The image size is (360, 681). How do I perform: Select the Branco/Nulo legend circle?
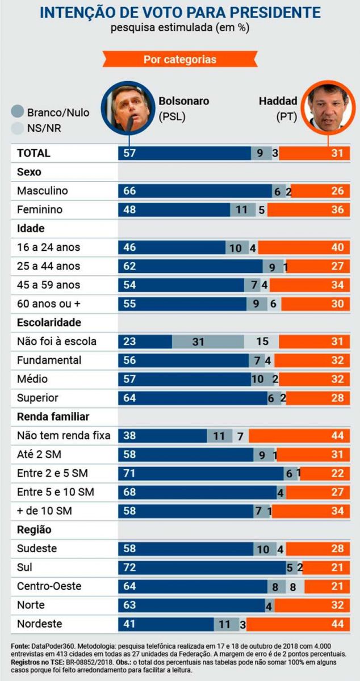(18, 112)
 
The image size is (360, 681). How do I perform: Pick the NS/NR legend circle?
(18, 128)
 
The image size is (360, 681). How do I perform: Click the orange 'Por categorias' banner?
(179, 59)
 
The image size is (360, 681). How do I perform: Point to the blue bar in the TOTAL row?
(185, 153)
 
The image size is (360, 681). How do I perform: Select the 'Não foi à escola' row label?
(57, 342)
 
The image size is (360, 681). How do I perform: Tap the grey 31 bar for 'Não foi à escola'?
(208, 342)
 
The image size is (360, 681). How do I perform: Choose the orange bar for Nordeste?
(298, 624)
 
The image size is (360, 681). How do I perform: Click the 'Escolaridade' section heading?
(49, 323)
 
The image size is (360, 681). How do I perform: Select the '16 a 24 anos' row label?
(49, 247)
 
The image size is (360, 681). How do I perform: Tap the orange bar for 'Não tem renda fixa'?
(299, 436)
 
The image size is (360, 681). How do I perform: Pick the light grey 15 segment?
(262, 342)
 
